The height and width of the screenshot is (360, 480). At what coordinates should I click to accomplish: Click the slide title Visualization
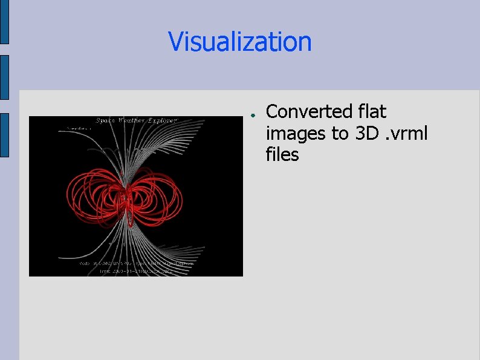pyautogui.click(x=240, y=42)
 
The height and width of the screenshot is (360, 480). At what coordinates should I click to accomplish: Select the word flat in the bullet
pyautogui.click(x=372, y=112)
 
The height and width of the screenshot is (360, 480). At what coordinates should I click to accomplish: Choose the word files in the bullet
pyautogui.click(x=282, y=154)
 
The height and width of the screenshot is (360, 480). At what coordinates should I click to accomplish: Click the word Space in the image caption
pyautogui.click(x=106, y=120)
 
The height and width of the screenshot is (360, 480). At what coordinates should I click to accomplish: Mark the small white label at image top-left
pyautogui.click(x=77, y=128)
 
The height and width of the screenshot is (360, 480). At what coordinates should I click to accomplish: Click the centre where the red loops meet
pyautogui.click(x=126, y=197)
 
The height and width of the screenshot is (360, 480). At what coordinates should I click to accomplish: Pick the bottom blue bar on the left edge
pyautogui.click(x=4, y=135)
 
